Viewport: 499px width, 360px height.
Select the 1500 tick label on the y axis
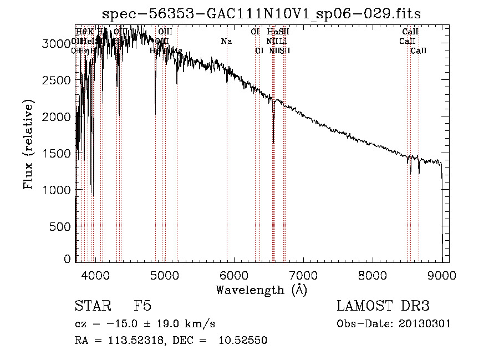click(x=59, y=153)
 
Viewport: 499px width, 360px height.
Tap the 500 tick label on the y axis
click(x=62, y=226)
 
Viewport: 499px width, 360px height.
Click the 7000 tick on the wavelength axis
click(x=303, y=261)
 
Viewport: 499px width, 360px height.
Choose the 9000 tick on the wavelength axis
click(x=442, y=261)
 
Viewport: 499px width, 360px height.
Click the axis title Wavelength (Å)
click(x=261, y=289)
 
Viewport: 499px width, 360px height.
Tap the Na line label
click(x=226, y=42)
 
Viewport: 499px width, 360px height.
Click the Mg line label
click(x=177, y=51)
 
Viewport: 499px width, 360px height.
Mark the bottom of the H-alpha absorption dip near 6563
click(x=273, y=142)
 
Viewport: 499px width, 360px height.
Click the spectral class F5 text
click(x=142, y=306)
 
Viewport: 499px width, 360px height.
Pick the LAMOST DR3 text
click(x=383, y=306)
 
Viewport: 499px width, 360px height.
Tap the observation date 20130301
click(x=429, y=324)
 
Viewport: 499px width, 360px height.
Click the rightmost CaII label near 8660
click(x=419, y=51)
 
